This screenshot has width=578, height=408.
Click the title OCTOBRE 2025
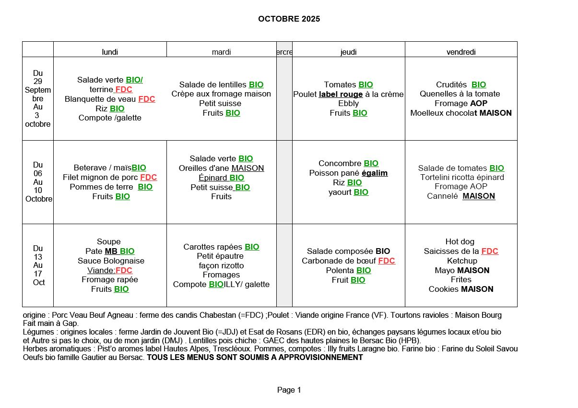pos(289,19)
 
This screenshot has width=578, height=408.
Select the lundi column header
pos(110,52)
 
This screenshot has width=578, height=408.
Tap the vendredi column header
pos(461,52)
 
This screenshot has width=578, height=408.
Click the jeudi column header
pos(348,52)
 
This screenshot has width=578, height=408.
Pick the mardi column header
pos(221,52)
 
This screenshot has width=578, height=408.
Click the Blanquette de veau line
pos(110,99)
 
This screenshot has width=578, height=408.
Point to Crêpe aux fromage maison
pos(221,94)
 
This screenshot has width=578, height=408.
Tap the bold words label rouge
pos(341,95)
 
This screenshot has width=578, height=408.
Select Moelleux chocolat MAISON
pos(461,113)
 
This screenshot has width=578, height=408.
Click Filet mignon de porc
pos(110,178)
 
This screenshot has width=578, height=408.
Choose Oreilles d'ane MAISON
pos(221,168)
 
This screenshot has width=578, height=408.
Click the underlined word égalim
pos(375,173)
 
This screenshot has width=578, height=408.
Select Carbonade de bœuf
pos(348,261)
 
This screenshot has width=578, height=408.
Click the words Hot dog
pos(460,242)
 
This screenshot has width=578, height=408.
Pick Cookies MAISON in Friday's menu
pos(461,289)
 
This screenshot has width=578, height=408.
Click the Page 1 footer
pos(289,390)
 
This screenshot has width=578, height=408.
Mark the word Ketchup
pos(462,261)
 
